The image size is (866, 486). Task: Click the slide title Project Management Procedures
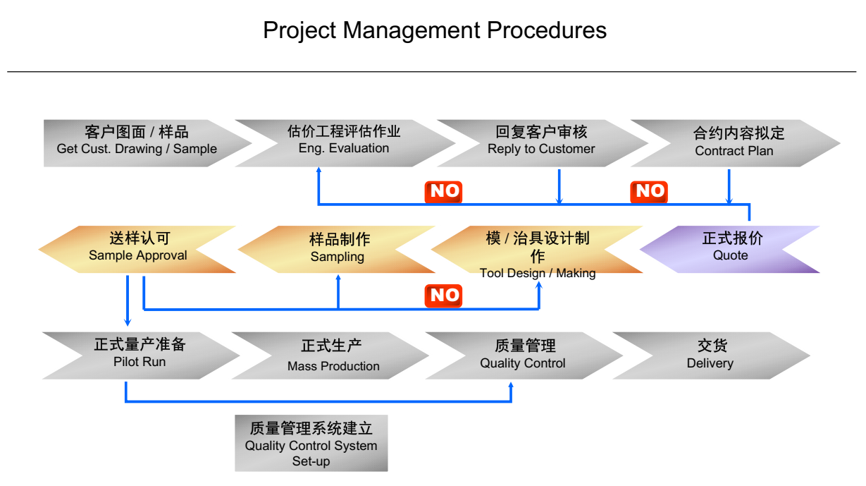tap(435, 30)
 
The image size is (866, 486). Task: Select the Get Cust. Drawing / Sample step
tap(140, 143)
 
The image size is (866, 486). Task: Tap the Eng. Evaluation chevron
tap(344, 143)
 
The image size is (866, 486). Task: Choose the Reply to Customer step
tap(541, 143)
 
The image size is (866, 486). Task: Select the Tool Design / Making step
tap(538, 249)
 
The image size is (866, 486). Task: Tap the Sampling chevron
tap(336, 249)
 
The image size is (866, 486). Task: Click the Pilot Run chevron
tap(140, 356)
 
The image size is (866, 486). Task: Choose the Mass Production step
tap(331, 356)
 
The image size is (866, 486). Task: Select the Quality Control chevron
tap(524, 356)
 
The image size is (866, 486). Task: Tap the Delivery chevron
tap(712, 356)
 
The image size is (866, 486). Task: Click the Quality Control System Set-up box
tap(311, 443)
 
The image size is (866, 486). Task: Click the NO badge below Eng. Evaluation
tap(443, 192)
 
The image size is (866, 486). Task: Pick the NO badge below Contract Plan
tap(649, 192)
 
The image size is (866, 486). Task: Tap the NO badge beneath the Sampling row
tap(443, 296)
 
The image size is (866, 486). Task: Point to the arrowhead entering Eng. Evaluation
tap(318, 170)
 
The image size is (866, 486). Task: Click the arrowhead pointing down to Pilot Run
tap(128, 322)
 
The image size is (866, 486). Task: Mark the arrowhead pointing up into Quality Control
tap(511, 385)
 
